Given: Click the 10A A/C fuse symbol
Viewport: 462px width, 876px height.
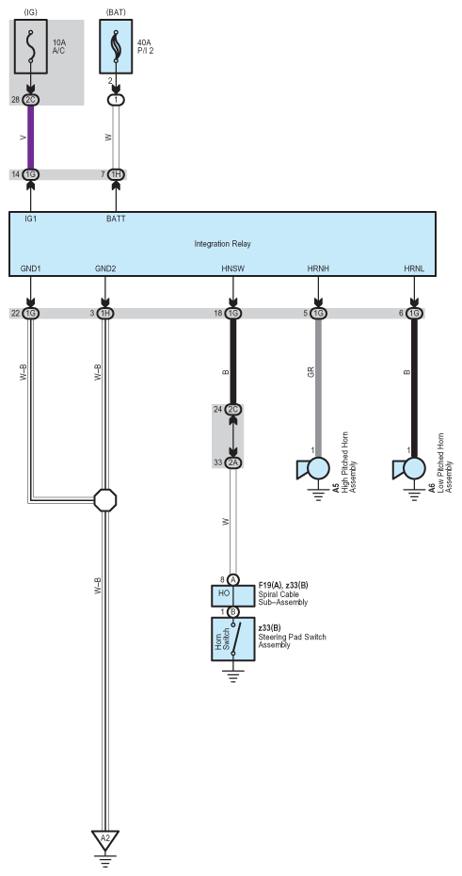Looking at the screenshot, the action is [31, 46].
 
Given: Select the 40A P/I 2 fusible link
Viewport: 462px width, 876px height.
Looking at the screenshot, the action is [116, 46].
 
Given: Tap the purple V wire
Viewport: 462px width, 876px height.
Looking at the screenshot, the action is [31, 138].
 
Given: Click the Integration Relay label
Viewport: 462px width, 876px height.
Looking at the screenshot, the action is [223, 244].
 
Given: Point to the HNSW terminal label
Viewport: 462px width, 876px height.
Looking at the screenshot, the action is [232, 268].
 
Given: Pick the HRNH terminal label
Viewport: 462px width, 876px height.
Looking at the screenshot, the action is [318, 268].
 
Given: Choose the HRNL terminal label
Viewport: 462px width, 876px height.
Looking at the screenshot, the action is [414, 268].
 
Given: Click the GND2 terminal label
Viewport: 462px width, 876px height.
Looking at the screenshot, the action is [105, 268].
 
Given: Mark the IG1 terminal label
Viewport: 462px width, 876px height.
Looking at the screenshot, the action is [31, 219].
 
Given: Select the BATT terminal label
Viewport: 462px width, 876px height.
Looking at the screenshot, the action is [116, 219].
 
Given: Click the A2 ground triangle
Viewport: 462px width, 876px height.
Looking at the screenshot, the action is [104, 839].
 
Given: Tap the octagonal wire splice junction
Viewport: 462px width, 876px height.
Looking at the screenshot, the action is [104, 500].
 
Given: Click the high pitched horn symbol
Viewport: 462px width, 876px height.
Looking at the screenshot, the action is [313, 469].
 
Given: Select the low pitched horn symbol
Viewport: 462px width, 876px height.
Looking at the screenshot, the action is [409, 469].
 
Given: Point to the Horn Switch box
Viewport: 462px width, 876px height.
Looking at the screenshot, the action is [233, 640].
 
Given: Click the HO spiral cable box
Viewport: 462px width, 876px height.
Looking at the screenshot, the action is [233, 595].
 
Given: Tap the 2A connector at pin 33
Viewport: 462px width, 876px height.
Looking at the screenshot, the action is [233, 462].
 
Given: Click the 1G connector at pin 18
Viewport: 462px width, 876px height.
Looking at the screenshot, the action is [233, 314].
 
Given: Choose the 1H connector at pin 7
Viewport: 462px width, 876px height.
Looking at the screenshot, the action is [116, 175].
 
